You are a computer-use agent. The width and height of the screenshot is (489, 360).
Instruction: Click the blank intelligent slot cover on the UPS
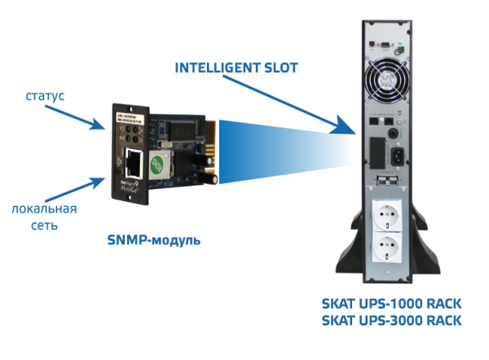pos(375,151)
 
